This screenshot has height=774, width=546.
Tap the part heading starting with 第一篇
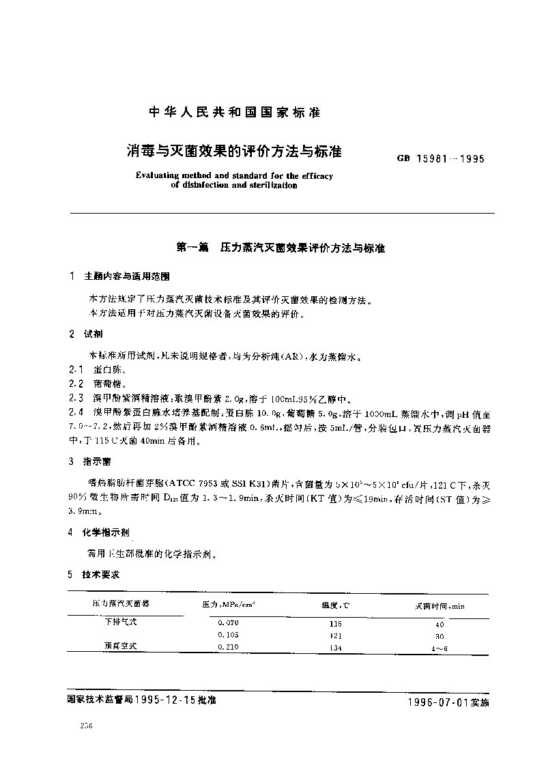[281, 249]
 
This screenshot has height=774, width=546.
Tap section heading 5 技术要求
[96, 575]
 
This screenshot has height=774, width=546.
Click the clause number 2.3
[76, 397]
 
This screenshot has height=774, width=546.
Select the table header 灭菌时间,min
[440, 605]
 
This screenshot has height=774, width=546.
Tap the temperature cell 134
[335, 647]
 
